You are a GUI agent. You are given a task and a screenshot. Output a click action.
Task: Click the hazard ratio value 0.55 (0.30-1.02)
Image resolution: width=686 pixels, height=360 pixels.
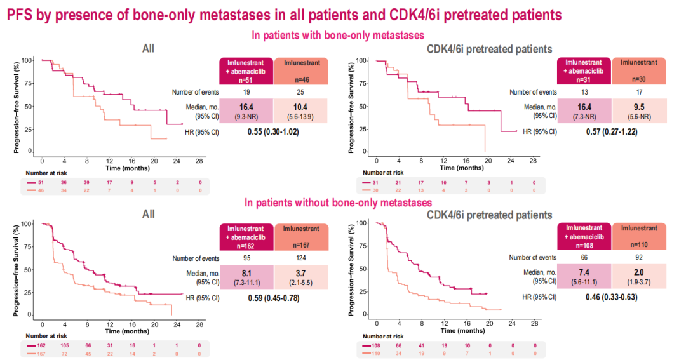pyautogui.click(x=273, y=132)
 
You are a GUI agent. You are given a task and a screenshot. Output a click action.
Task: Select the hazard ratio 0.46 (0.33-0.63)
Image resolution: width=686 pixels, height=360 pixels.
pyautogui.click(x=610, y=297)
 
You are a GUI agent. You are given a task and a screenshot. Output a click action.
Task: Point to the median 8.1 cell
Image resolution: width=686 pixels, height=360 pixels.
pyautogui.click(x=246, y=272)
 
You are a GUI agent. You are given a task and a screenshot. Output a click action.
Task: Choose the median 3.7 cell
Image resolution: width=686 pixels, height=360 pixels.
pyautogui.click(x=302, y=272)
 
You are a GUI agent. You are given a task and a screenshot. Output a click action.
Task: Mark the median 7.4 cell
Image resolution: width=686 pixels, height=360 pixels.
pyautogui.click(x=584, y=272)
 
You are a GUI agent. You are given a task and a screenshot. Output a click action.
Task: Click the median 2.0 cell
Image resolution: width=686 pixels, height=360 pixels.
pyautogui.click(x=638, y=272)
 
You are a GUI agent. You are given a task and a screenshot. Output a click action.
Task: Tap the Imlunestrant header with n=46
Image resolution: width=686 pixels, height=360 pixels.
pyautogui.click(x=302, y=70)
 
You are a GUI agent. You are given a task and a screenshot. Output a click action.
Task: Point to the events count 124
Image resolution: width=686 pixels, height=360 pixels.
pyautogui.click(x=302, y=258)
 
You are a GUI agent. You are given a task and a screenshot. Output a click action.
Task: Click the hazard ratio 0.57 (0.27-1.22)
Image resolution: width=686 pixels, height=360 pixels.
pyautogui.click(x=610, y=132)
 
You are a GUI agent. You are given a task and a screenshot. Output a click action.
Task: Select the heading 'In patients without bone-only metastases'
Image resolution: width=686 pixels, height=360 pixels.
pyautogui.click(x=340, y=203)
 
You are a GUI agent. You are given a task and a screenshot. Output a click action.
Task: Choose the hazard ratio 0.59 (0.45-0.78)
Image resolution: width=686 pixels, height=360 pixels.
pyautogui.click(x=273, y=297)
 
